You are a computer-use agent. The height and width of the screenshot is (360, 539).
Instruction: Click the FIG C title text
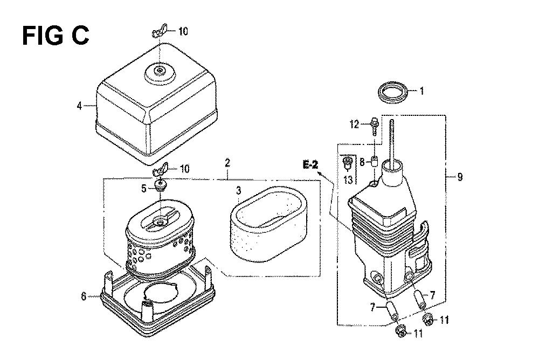pyautogui.click(x=56, y=36)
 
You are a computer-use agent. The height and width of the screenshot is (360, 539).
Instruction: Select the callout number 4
pyautogui.click(x=79, y=106)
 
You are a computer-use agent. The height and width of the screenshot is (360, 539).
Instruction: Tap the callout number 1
pyautogui.click(x=421, y=91)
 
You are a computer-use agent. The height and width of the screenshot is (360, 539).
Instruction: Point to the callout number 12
pyautogui.click(x=355, y=124)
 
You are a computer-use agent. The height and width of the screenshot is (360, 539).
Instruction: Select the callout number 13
pyautogui.click(x=348, y=179)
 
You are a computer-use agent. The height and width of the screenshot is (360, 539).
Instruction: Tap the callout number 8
pyautogui.click(x=362, y=162)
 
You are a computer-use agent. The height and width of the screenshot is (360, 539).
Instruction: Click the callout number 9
pyautogui.click(x=460, y=177)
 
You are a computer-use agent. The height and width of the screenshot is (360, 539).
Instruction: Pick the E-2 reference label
pyautogui.click(x=310, y=165)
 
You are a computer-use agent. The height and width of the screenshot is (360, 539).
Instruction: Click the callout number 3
pyautogui.click(x=239, y=190)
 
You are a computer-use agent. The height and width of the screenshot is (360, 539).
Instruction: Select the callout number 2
pyautogui.click(x=227, y=163)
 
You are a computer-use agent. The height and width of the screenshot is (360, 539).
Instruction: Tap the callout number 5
pyautogui.click(x=144, y=188)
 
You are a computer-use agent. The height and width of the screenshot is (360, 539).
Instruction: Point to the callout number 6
pyautogui.click(x=84, y=296)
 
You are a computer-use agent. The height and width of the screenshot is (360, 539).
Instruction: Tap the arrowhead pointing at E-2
pyautogui.click(x=320, y=173)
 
